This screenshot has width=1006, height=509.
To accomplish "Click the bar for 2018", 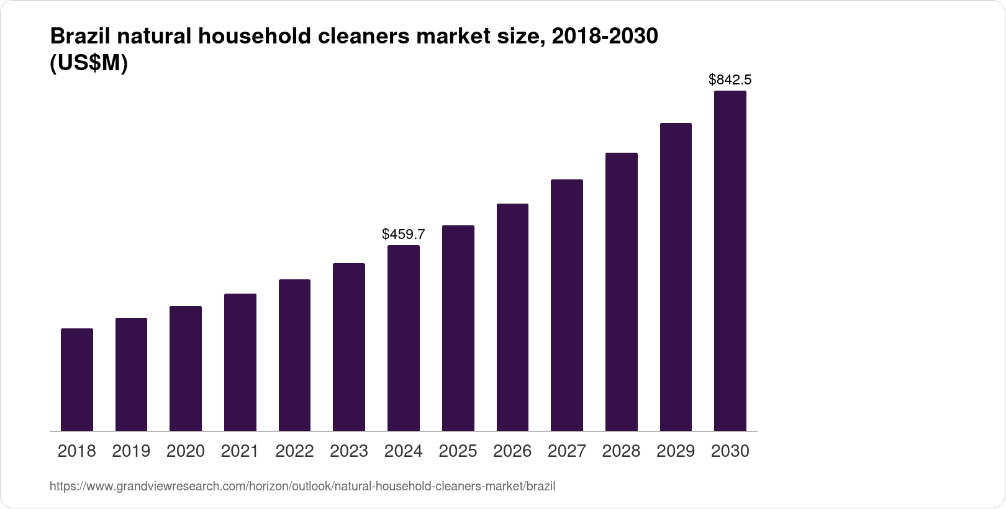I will click(77, 379).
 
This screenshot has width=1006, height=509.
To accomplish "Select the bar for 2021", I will click(240, 362).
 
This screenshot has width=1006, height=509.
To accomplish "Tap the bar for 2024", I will click(404, 338).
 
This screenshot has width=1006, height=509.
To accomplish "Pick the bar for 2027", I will click(566, 305).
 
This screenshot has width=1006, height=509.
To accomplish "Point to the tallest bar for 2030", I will click(730, 261).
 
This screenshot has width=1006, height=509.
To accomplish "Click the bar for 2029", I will click(676, 277).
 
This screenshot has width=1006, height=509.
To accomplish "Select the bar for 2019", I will click(131, 374).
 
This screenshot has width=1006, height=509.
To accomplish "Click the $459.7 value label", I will click(404, 234).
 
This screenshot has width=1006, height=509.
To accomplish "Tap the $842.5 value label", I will click(730, 79).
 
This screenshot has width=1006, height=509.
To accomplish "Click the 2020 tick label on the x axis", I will click(186, 451).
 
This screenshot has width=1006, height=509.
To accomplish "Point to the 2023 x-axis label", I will click(349, 451).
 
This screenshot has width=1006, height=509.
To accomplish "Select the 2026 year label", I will click(512, 451).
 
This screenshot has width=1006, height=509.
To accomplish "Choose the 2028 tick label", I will click(621, 451).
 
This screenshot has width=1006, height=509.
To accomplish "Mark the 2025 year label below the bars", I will click(458, 451).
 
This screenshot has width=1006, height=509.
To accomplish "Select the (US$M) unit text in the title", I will click(88, 63).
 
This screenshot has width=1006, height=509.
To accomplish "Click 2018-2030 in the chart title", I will click(604, 37).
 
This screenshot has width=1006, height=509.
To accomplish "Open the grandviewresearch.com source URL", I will click(302, 486).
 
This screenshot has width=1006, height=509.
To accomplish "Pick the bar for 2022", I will click(294, 355).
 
